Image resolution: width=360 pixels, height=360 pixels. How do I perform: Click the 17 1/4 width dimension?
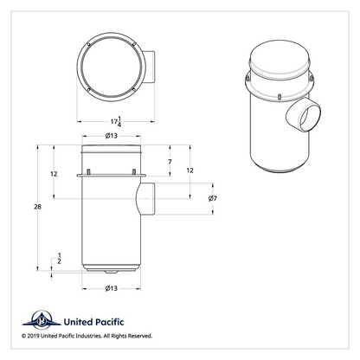click(x=116, y=122)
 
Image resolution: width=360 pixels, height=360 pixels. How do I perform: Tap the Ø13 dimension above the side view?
click(x=112, y=136)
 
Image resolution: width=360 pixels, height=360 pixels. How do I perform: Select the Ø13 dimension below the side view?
click(x=112, y=288)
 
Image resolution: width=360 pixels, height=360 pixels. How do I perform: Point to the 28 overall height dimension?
click(x=37, y=207)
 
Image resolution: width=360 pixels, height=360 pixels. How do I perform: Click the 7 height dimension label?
click(x=170, y=162)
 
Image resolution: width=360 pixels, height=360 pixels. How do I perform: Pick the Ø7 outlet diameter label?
click(x=213, y=198)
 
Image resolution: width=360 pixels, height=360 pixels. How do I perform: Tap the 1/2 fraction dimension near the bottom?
click(x=59, y=259)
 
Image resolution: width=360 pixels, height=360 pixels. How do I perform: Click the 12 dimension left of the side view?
click(x=54, y=174)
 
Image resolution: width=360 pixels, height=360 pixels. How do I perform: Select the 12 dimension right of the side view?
click(x=190, y=170)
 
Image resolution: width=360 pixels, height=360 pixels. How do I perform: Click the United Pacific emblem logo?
click(x=42, y=320)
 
